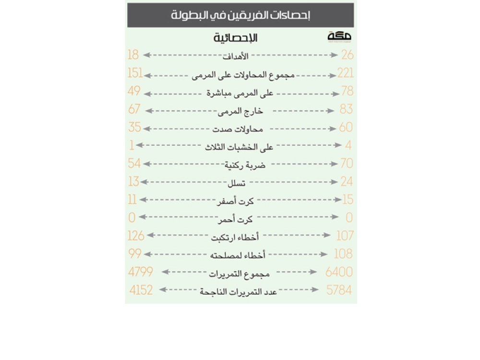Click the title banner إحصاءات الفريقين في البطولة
tap(240, 15)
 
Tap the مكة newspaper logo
tap(340, 36)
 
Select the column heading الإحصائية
tap(236, 38)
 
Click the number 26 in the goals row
tap(348, 55)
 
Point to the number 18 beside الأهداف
tap(133, 55)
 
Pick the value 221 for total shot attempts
tap(345, 73)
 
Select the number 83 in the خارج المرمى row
tap(346, 109)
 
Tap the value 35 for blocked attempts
tap(135, 127)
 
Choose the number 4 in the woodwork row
tap(348, 145)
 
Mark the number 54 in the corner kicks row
tap(134, 163)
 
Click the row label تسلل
tap(236, 183)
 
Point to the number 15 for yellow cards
tap(348, 199)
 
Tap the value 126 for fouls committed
tap(136, 236)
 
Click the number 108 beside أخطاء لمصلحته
tap(343, 253)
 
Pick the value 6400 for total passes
tap(339, 272)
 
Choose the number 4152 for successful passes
tap(141, 290)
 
